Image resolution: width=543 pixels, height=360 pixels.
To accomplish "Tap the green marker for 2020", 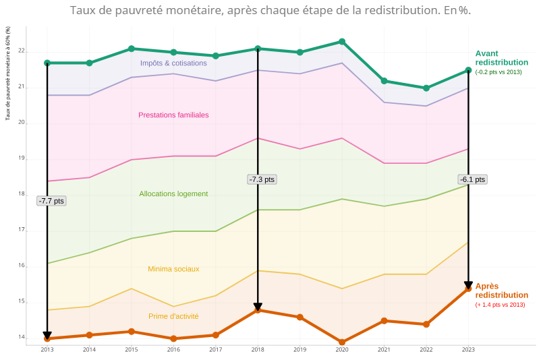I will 342,42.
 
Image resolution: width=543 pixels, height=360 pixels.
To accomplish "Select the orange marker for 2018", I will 258,310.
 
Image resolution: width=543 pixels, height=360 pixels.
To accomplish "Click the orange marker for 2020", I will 342,342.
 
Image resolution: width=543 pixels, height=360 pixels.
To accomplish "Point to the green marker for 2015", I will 132,49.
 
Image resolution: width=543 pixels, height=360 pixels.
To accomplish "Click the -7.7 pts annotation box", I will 51,201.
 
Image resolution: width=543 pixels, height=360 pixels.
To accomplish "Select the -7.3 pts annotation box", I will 262,179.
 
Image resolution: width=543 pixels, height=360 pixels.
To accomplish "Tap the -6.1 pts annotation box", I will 472,179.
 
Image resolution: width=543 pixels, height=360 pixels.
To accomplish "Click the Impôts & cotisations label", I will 173,63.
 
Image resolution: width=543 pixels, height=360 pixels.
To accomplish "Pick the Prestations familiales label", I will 173,115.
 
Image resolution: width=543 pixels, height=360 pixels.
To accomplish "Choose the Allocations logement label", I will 173,194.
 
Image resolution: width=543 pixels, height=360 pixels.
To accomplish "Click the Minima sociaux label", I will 173,269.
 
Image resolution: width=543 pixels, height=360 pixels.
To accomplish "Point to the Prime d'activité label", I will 173,316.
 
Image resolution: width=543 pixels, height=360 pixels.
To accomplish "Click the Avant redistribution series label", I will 501,58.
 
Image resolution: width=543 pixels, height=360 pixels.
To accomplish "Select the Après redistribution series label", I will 501,291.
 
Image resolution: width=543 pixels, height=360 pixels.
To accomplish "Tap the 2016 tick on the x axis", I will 173,350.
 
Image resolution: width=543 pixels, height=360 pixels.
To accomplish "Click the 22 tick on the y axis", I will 22,51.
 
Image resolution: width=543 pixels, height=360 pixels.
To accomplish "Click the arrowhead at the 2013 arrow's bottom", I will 47,335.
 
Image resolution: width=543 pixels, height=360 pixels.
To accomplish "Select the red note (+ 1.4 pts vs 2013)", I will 500,305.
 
